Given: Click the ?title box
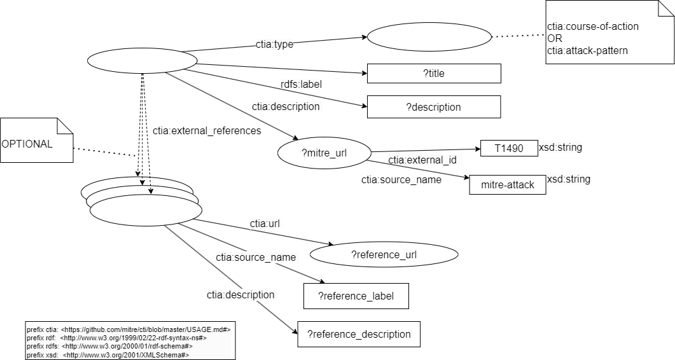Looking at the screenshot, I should point(434,74).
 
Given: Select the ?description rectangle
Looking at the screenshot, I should point(433,107).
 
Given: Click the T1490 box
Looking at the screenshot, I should point(508,149).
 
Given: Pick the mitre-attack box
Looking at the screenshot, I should point(507,185).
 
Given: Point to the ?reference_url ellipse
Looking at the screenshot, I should point(383,255).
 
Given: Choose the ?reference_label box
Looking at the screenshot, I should point(355,296).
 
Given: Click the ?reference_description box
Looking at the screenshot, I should point(359,334).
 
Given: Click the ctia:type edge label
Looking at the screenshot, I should point(275,45).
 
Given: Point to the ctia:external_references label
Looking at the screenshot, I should point(207,131).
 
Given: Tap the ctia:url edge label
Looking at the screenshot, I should point(265,224).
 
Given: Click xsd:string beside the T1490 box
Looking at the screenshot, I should point(560,148).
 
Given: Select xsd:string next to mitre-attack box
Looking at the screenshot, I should point(569,179).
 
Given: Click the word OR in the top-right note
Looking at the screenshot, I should point(554,39).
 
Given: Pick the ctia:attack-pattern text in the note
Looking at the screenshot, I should point(587,50).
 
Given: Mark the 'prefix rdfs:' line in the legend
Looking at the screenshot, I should point(109,346).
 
